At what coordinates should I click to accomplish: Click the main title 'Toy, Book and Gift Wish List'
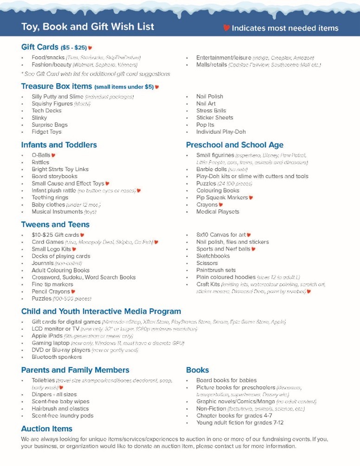coord(88,26)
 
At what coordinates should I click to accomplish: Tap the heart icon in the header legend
coord(226,28)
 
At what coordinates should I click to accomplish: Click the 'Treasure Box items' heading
coord(57,86)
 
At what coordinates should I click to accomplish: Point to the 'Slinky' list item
coord(39,118)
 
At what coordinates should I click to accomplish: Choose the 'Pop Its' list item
coord(205,125)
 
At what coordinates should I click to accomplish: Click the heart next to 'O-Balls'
coord(53,155)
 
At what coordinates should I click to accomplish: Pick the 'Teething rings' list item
coord(49,197)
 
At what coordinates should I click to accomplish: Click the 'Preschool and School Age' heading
coord(234,145)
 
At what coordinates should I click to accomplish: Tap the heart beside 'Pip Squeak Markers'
coord(251,198)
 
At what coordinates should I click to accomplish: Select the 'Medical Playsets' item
coord(218,212)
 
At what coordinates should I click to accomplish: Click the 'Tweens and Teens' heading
coord(55,225)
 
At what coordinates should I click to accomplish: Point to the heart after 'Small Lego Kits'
coord(74,249)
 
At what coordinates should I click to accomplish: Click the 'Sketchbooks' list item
coord(213,256)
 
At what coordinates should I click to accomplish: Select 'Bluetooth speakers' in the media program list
coord(57,357)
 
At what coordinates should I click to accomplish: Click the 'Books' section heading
coord(197,370)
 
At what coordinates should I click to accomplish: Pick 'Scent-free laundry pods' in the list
coord(62,416)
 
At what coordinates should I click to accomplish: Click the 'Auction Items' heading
coord(47,428)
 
